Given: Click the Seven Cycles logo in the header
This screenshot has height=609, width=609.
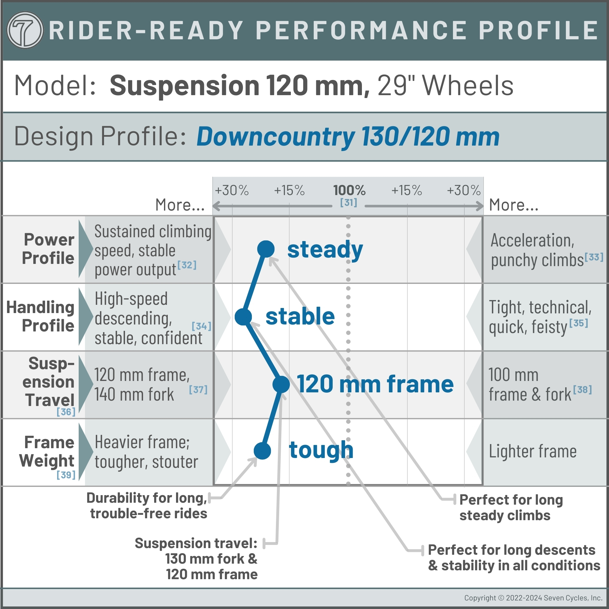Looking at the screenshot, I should point(25,30).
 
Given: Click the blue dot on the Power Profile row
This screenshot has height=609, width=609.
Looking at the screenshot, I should point(266,249).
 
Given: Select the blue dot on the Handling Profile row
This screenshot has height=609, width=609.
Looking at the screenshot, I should point(243,317).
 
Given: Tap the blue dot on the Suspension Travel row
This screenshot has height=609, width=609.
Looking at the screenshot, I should point(281,384).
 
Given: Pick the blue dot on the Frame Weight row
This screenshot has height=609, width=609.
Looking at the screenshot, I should point(262,451).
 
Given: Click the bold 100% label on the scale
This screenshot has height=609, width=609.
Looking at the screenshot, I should point(349,190).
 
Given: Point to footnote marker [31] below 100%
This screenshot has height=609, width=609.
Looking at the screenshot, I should point(349,202).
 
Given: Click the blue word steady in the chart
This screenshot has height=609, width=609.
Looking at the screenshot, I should point(325,250).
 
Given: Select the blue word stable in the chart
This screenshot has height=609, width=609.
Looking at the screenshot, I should point(300,317).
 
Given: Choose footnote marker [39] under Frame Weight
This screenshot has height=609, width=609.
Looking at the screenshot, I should point(66,475).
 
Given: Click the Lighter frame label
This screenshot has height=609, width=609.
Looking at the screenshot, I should point(533,451).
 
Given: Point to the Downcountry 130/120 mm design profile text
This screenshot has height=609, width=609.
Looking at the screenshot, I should point(348,137).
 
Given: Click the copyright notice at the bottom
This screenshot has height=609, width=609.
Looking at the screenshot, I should point(533,598).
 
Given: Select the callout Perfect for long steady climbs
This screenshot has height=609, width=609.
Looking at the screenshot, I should point(511,507).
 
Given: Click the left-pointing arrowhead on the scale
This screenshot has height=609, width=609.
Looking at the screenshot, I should point(216,206).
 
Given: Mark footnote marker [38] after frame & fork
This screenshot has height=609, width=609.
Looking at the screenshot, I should point(582,390).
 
